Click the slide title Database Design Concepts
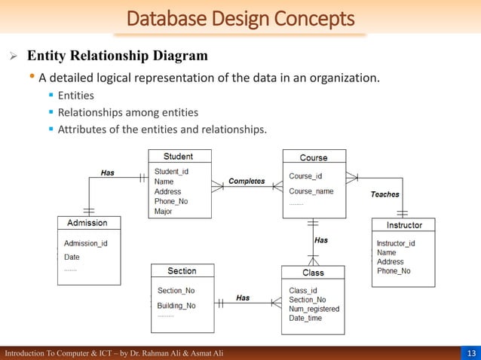click(x=240, y=17)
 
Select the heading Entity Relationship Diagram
click(x=118, y=56)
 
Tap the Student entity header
click(x=179, y=157)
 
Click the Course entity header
click(x=314, y=157)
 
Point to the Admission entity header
click(x=87, y=223)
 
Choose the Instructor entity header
click(x=404, y=225)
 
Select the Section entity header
click(x=182, y=271)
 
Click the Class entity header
click(x=313, y=273)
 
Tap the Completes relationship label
click(x=247, y=182)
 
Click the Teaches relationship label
click(x=384, y=194)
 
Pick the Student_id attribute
click(x=171, y=172)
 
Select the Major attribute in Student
click(x=164, y=212)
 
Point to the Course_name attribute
click(x=311, y=191)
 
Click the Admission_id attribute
click(x=85, y=243)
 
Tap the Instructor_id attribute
click(x=396, y=243)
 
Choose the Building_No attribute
click(x=176, y=306)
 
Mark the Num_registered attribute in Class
click(x=314, y=309)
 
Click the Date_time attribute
click(x=305, y=318)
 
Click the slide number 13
click(x=471, y=353)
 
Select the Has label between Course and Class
click(x=321, y=240)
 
